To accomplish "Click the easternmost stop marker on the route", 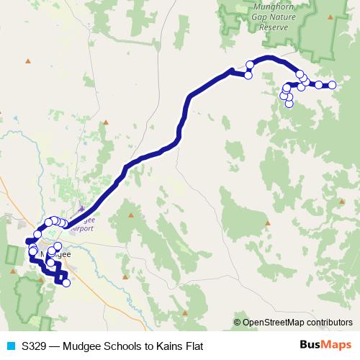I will (x=333, y=85).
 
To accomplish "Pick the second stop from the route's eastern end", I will (x=318, y=85).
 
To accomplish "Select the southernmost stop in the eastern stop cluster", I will (x=289, y=103).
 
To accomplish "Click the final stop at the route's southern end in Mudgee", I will (x=66, y=283).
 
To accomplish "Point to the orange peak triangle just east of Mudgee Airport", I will (x=132, y=215).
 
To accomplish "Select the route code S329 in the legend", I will (x=34, y=346).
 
